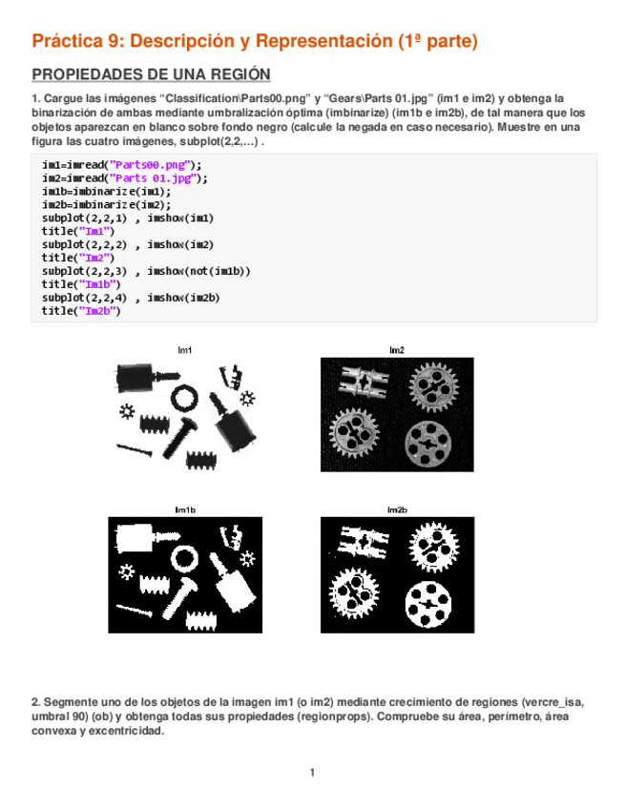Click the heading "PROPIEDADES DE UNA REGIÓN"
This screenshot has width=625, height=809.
[151, 75]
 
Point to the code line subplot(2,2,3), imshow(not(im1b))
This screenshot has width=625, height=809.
[146, 271]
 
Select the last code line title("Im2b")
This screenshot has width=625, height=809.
[82, 311]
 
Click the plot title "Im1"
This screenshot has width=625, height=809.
[185, 350]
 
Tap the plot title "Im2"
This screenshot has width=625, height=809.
[396, 350]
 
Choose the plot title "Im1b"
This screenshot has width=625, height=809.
[185, 510]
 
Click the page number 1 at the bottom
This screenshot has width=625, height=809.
[312, 772]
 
